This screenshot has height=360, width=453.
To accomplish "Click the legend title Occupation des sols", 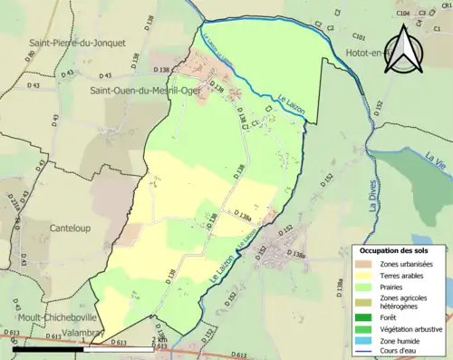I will click(396, 249).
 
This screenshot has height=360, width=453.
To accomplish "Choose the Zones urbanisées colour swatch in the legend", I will click(365, 263).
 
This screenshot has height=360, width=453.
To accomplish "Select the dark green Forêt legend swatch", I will click(365, 317).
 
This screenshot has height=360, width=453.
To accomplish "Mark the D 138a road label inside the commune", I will click(242, 214).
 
